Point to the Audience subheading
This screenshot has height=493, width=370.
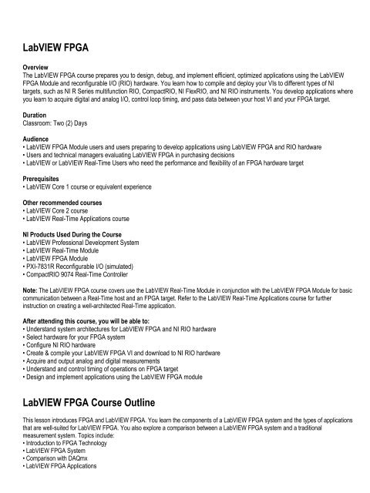click(x=37, y=139)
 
